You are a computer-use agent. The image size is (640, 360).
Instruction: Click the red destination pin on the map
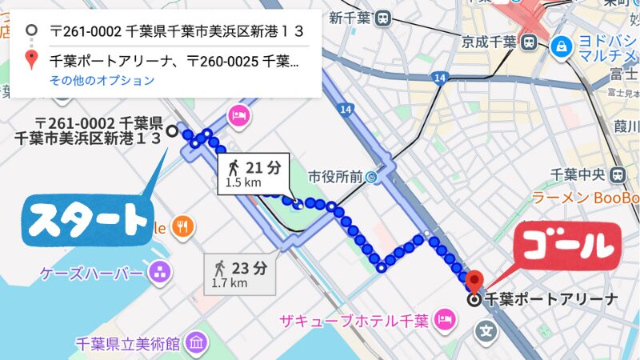(x=474, y=282)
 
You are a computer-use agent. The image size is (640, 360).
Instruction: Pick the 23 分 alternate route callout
(x=239, y=273)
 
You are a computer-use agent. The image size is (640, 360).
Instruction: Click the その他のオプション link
(x=102, y=80)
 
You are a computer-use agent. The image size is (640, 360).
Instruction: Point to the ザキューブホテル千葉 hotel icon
(x=442, y=321)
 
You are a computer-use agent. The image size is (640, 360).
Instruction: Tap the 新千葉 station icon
(x=384, y=17)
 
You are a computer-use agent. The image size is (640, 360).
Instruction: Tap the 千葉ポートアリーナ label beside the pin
(x=552, y=300)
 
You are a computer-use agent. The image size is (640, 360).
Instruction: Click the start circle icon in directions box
(x=31, y=32)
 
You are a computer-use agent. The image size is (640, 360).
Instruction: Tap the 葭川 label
(x=626, y=126)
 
